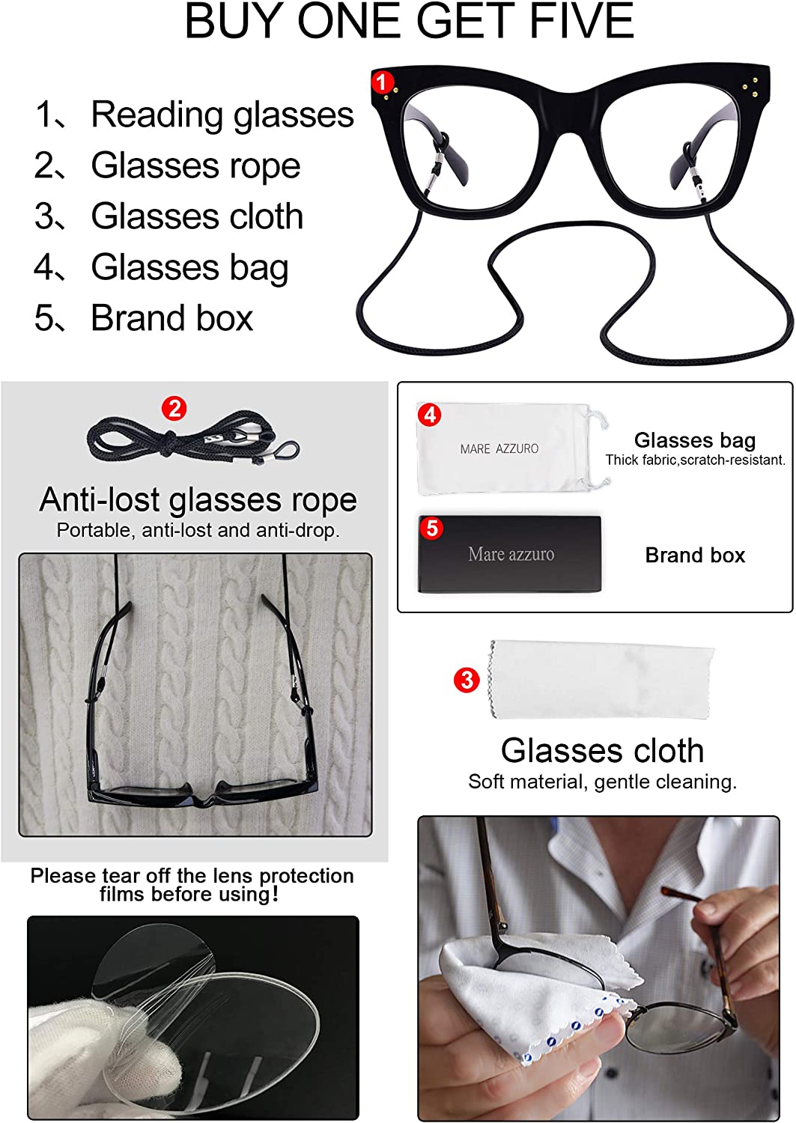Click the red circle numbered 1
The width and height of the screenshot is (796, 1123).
382,82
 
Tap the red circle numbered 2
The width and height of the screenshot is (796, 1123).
174,409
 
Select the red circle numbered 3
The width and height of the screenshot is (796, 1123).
467,680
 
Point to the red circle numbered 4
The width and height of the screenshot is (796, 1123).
430,415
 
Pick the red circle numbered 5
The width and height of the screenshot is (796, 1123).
432,528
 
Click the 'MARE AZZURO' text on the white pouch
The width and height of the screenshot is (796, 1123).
499,448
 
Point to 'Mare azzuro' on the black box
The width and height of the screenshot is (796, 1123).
511,554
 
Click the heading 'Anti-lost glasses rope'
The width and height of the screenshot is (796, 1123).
198,501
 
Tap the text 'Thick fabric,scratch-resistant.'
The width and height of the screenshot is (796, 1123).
695,460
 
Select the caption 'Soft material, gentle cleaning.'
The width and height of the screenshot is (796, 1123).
602,782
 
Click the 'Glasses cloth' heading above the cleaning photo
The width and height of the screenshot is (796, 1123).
602,750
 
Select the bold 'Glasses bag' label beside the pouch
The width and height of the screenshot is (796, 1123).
695,441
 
